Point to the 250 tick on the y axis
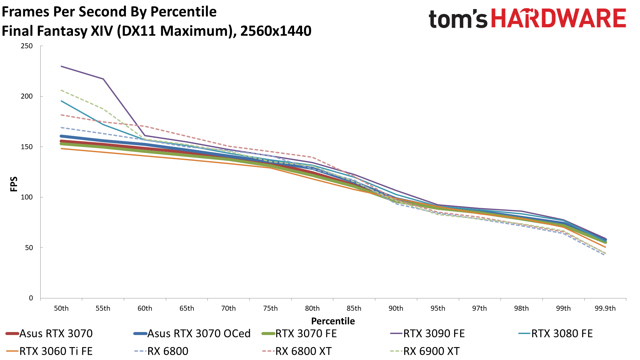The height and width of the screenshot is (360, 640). click(27, 46)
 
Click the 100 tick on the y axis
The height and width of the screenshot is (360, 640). click(27, 197)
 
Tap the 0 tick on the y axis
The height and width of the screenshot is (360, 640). click(31, 298)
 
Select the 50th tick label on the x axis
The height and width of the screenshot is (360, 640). click(61, 308)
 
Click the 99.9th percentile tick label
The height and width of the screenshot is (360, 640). click(605, 308)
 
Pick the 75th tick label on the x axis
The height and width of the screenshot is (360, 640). click(270, 308)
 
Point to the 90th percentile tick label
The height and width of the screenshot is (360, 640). click(396, 308)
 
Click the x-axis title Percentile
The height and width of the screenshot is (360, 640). click(333, 321)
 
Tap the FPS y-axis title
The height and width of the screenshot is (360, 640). click(14, 184)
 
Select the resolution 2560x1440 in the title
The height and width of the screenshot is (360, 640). click(276, 31)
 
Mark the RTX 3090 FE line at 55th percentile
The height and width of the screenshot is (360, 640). click(103, 79)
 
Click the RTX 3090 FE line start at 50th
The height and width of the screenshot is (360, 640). click(62, 66)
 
